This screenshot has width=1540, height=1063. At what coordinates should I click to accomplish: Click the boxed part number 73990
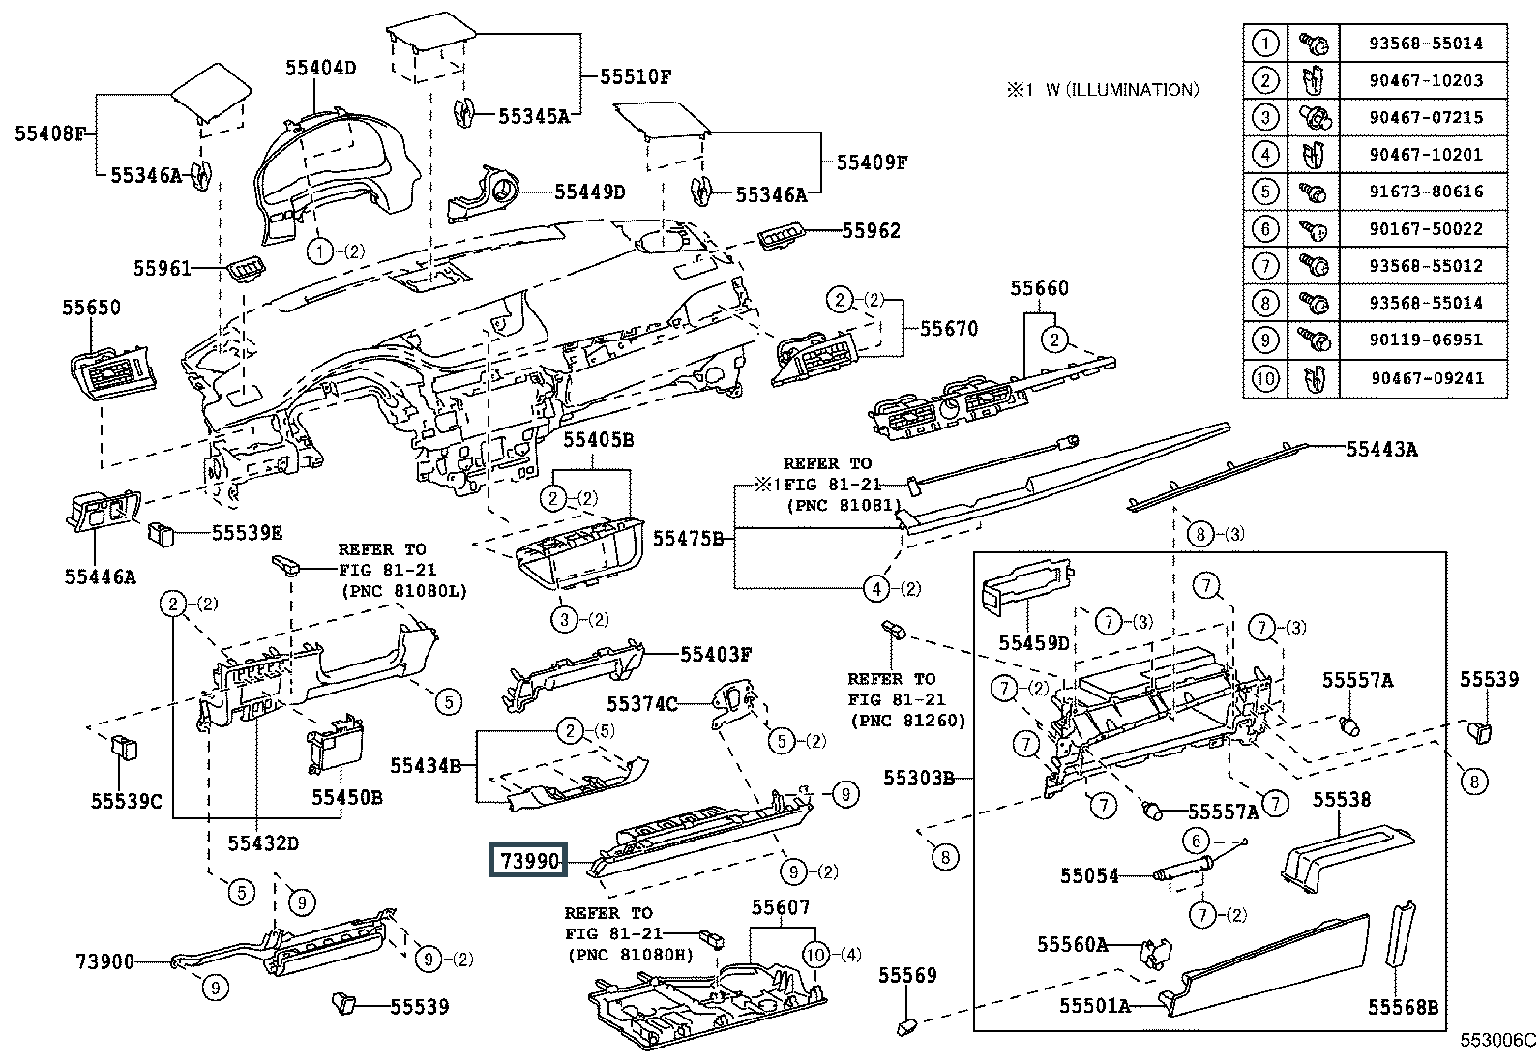click(529, 860)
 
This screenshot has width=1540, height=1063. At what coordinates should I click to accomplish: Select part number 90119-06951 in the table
click(1425, 340)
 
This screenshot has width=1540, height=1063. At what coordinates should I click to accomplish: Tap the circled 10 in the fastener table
click(1264, 378)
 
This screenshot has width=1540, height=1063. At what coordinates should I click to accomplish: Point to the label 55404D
click(320, 68)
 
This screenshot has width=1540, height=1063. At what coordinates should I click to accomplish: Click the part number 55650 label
click(92, 309)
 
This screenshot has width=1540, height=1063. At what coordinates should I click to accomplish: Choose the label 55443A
click(1381, 448)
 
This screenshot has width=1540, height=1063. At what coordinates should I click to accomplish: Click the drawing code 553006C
click(1497, 1041)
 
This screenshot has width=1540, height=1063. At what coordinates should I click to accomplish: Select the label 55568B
click(1403, 1007)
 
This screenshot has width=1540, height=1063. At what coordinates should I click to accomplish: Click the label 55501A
click(1094, 1006)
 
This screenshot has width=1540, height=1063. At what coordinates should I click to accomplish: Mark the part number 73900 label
click(104, 961)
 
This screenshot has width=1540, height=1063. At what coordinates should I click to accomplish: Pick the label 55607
click(781, 907)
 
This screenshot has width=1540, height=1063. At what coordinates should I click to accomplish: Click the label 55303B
click(918, 777)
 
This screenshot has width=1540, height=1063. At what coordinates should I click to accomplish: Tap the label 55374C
click(642, 704)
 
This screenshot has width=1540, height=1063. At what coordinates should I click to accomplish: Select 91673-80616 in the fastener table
click(1425, 192)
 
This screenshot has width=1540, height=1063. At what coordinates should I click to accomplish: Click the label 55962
click(871, 230)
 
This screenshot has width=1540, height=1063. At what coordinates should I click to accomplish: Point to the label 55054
click(1088, 876)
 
